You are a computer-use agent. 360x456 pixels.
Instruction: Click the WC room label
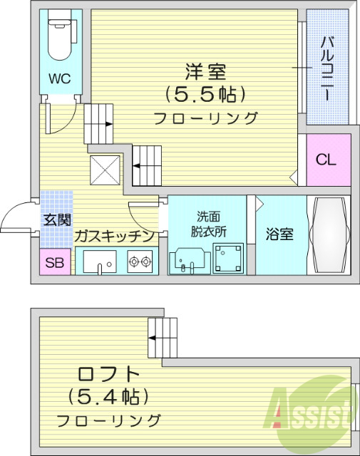coord(58,78)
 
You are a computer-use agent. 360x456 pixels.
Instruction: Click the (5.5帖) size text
coord(205,94)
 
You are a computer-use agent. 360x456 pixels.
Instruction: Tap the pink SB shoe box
coord(54,263)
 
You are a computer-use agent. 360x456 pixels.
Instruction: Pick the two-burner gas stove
coord(140,261)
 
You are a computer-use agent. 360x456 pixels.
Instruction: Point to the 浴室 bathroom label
coord(279,234)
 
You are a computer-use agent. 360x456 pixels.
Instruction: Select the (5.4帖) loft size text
coord(108,395)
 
